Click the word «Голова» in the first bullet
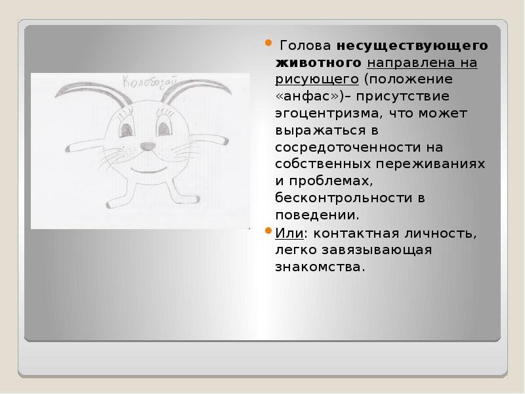(305, 45)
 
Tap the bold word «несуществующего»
(412, 46)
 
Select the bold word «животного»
(318, 62)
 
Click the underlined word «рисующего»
(317, 80)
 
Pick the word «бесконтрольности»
(344, 198)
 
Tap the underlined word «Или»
(289, 233)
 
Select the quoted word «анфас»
(307, 97)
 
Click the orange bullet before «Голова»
(268, 43)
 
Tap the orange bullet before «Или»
(268, 230)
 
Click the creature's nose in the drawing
(147, 146)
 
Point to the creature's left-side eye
(127, 129)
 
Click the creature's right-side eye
(165, 127)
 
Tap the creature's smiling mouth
(149, 169)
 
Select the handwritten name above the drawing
(150, 83)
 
